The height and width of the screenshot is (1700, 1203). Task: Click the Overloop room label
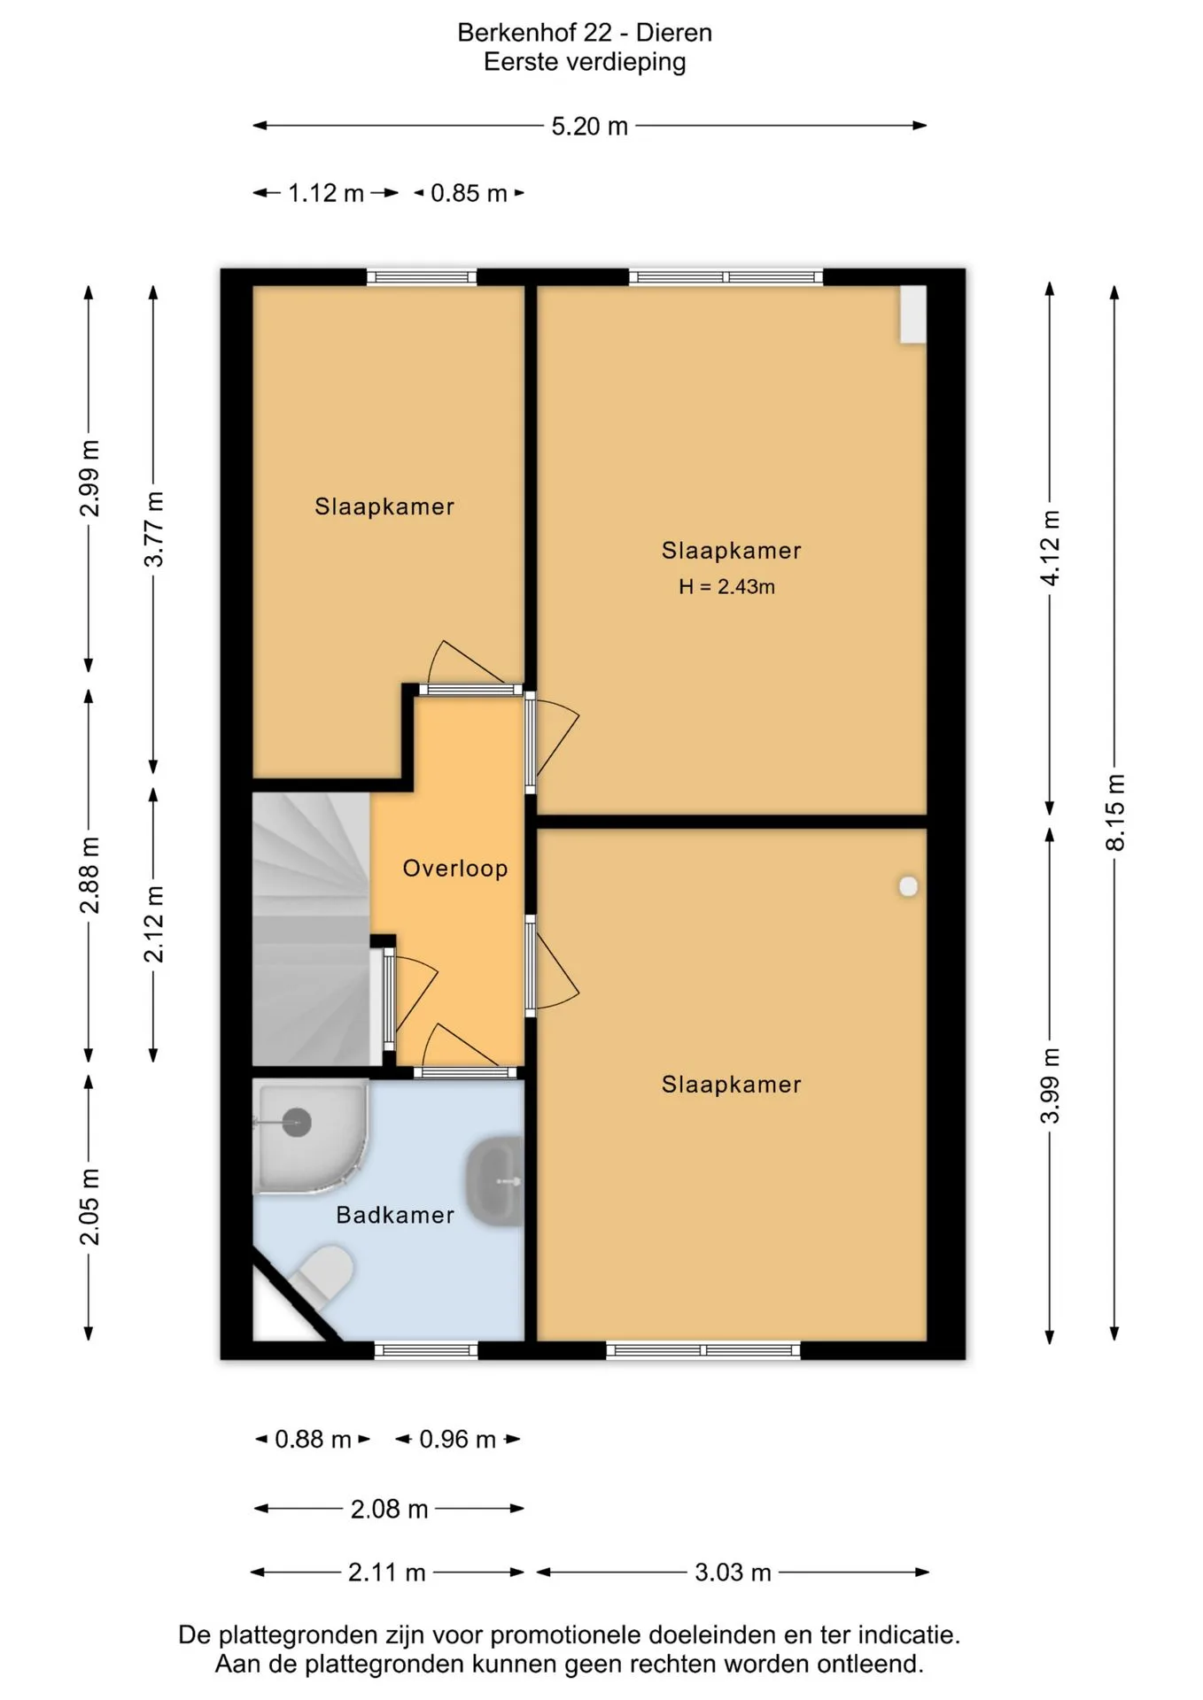455,868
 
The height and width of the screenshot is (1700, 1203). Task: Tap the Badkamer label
395,1215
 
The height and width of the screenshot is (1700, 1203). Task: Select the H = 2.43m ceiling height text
726,586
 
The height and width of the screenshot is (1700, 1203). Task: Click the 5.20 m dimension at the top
589,126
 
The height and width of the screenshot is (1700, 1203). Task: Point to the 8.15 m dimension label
1115,812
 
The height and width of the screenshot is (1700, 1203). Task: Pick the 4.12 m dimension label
1050,547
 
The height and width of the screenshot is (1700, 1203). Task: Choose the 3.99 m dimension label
1050,1086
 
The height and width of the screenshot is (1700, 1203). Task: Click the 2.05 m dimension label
89,1206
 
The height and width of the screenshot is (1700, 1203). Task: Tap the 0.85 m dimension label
469,193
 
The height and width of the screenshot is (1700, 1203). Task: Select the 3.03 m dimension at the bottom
733,1572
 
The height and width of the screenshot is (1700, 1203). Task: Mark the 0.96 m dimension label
457,1439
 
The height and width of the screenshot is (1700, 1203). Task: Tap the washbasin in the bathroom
495,1181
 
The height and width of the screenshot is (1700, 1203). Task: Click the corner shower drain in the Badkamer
297,1123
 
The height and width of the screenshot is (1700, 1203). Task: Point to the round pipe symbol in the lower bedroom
908,886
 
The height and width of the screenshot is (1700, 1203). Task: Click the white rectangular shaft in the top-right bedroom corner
913,314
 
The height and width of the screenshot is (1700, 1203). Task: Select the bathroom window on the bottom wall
426,1350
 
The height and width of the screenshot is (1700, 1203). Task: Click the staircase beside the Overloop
311,929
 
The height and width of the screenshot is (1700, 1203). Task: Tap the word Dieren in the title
674,33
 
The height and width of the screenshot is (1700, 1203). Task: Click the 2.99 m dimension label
89,478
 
